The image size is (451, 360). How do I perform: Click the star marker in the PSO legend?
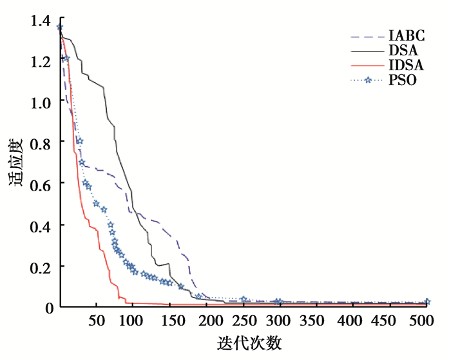coord(368,81)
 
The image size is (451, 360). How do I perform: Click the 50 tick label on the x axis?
coord(96,321)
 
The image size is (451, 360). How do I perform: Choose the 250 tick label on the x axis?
coord(242,321)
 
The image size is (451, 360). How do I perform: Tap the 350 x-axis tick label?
coord(314,321)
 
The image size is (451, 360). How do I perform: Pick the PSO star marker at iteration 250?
coord(244,299)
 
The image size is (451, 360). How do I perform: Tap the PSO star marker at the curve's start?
coord(60,27)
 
